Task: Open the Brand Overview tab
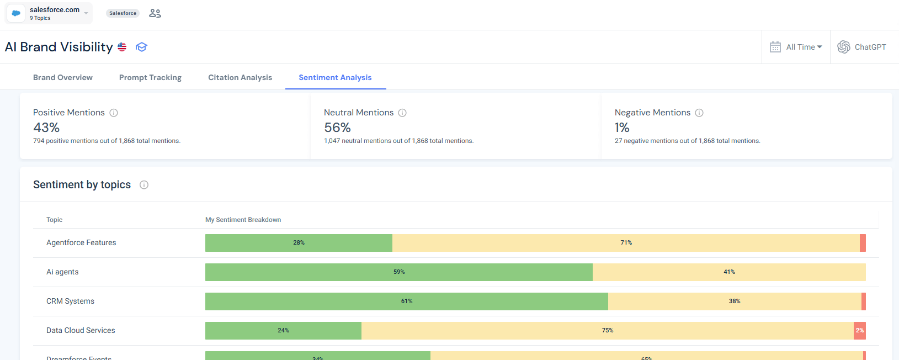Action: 63,77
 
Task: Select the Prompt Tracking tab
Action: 150,77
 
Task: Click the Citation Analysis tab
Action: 240,77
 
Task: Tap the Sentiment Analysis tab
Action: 335,77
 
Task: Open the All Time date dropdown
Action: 796,47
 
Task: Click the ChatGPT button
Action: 862,47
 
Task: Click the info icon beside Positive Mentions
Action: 114,113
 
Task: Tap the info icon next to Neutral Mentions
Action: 402,113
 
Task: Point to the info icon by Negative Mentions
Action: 699,113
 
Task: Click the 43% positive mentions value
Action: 46,128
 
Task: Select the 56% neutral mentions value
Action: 337,128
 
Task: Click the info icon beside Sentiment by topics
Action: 144,185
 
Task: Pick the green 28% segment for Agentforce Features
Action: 299,243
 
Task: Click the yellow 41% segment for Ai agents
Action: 729,272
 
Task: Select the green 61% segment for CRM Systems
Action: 407,301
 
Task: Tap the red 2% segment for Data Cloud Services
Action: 859,331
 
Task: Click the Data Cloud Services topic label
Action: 81,330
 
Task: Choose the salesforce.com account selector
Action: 49,13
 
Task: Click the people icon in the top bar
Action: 155,13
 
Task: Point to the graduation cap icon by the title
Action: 141,47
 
